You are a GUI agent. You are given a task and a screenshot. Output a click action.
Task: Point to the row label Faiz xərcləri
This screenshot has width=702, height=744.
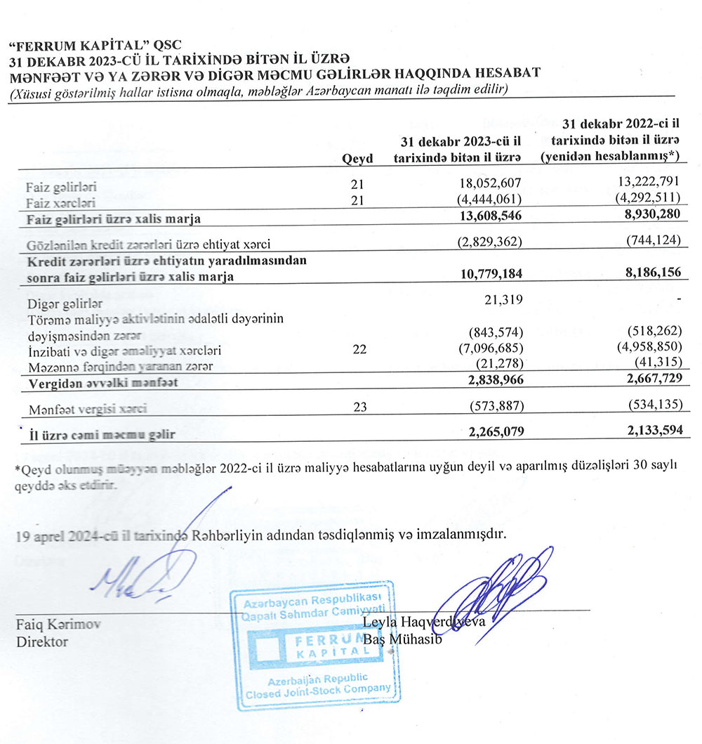[61, 202]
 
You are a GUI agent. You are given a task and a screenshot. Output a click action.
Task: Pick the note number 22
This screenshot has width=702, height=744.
[359, 350]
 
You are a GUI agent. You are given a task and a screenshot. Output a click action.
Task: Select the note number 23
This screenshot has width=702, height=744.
[359, 406]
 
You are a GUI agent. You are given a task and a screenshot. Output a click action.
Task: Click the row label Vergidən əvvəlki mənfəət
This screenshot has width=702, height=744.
[102, 384]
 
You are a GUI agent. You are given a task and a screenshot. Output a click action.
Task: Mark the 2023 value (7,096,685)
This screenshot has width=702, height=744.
[495, 350]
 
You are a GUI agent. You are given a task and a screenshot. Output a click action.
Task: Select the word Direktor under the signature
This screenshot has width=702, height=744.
[42, 641]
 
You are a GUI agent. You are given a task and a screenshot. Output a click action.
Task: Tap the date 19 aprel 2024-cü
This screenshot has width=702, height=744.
[67, 535]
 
